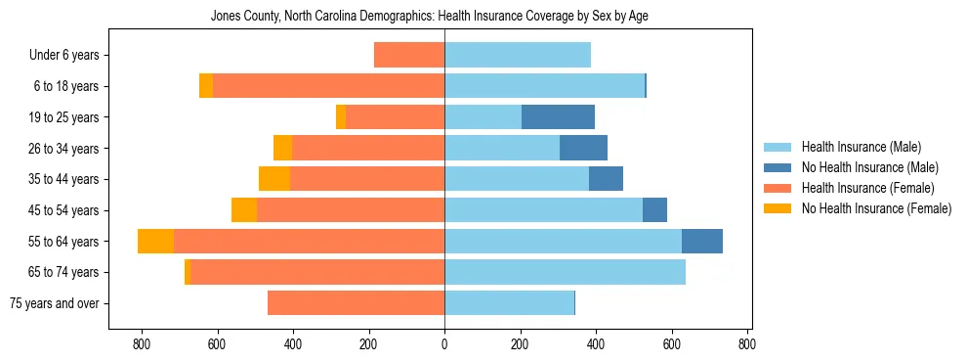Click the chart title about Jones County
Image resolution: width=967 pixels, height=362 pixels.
pyautogui.click(x=430, y=17)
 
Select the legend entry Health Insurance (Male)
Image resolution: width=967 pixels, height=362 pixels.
pyautogui.click(x=861, y=148)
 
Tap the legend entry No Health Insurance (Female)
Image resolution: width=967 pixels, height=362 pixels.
pyautogui.click(x=876, y=208)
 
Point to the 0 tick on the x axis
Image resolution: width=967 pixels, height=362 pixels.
pyautogui.click(x=444, y=344)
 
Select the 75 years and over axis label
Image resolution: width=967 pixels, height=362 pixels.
pyautogui.click(x=55, y=303)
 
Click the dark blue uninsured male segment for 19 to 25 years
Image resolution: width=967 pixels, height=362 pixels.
pyautogui.click(x=558, y=117)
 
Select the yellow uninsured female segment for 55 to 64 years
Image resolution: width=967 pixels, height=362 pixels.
pyautogui.click(x=155, y=241)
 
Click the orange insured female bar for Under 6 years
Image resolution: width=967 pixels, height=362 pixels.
pyautogui.click(x=409, y=56)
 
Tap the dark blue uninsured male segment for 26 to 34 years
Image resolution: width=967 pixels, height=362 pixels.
pyautogui.click(x=583, y=149)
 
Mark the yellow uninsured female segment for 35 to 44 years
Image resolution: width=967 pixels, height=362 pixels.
pyautogui.click(x=274, y=179)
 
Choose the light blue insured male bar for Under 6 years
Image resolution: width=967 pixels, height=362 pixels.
pyautogui.click(x=518, y=56)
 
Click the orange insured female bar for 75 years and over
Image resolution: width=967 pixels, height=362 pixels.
pyautogui.click(x=356, y=303)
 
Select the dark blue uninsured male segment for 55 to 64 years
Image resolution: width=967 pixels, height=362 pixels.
pyautogui.click(x=701, y=241)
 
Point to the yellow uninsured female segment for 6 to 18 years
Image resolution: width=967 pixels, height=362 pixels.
pyautogui.click(x=206, y=86)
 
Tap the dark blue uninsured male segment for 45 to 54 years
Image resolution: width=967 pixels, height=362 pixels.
pyautogui.click(x=654, y=210)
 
